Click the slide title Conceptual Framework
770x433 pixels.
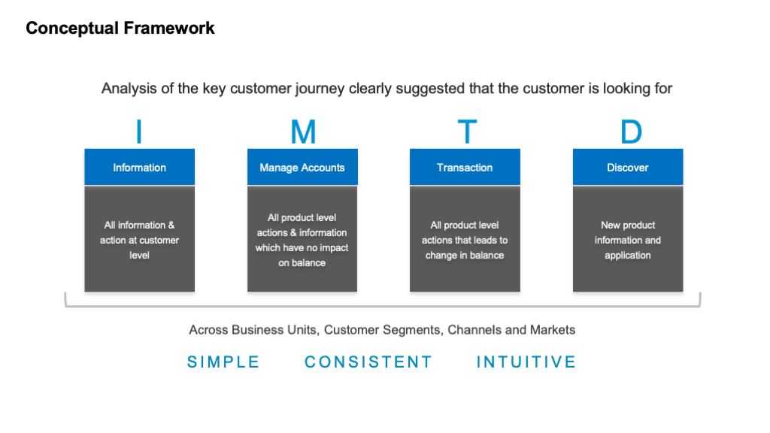[x=120, y=29]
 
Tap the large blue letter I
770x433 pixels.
[x=139, y=132]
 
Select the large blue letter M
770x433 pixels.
[x=303, y=132]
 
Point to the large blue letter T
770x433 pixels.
[x=467, y=132]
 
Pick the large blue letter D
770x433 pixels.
[x=631, y=132]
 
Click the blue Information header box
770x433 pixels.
[x=139, y=167]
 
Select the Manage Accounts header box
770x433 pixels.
[x=302, y=167]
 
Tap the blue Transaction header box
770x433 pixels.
[x=465, y=167]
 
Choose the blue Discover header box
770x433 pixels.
[x=628, y=167]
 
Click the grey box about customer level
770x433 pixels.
[x=139, y=239]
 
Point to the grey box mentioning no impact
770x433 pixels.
[x=302, y=239]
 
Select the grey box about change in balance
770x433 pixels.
[x=465, y=239]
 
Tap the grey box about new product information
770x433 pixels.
[x=628, y=239]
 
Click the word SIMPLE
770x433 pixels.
[x=223, y=362]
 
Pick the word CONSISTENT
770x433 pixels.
[x=368, y=362]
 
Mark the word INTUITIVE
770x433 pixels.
[x=526, y=362]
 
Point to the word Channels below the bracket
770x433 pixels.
[x=474, y=329]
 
